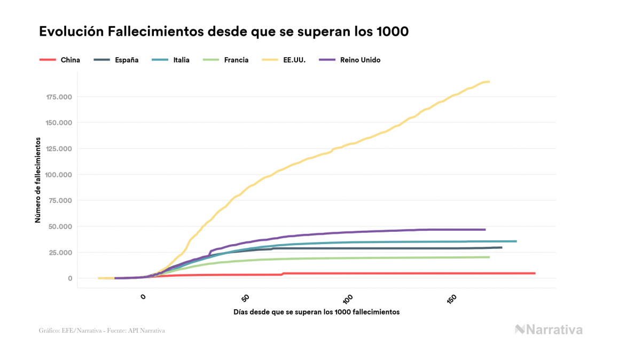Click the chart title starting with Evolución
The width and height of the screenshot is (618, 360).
coord(224,32)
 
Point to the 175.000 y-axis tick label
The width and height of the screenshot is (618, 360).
coord(59,97)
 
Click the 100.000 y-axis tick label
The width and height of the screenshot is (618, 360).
coord(59,175)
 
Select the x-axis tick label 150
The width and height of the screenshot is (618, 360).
coord(451,298)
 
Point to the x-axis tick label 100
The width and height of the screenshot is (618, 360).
coord(348,298)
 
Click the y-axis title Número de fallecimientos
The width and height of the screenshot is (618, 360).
coord(38,179)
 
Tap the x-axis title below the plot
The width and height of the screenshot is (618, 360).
coord(316,311)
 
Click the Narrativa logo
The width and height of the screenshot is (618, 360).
coord(549,330)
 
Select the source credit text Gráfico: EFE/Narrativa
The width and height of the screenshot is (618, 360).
coord(101,331)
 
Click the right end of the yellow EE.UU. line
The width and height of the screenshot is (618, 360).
coord(489,82)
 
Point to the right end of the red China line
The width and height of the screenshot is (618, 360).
coord(534,273)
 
